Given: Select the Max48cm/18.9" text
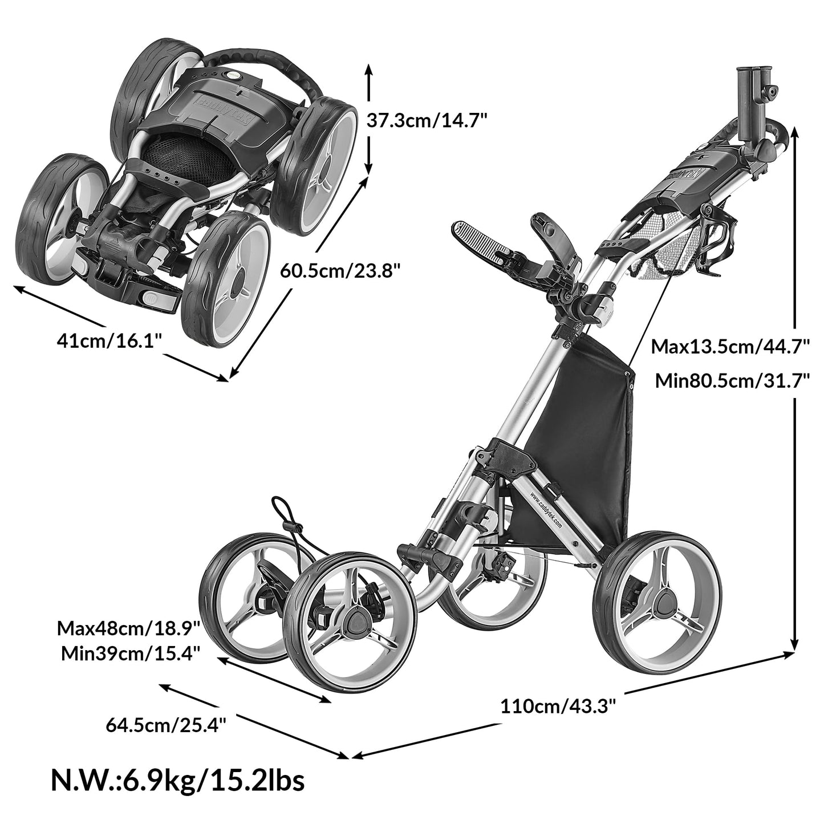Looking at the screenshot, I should pyautogui.click(x=128, y=629).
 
